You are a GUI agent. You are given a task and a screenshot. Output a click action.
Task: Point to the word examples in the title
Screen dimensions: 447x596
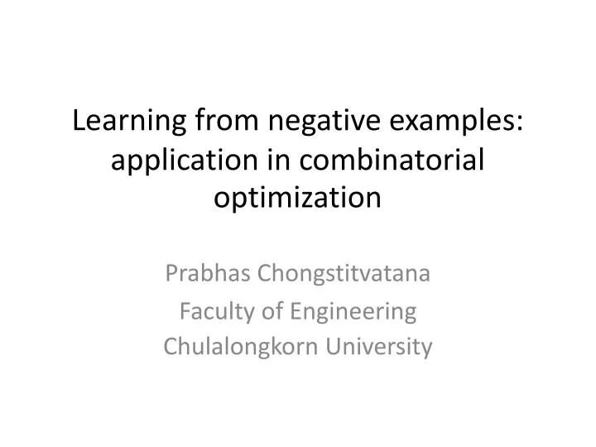tap(450, 122)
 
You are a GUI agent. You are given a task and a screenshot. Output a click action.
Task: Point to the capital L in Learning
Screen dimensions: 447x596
tap(80, 121)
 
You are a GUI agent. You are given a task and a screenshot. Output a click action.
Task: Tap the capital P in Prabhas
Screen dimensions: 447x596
tap(171, 274)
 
